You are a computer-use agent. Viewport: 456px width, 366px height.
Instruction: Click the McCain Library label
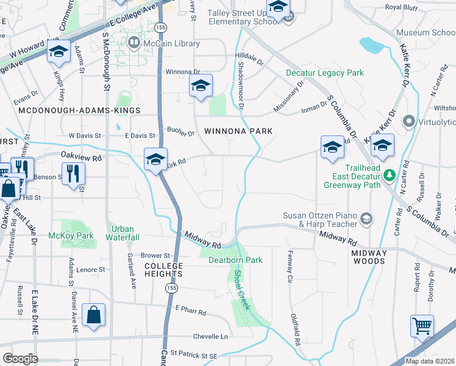coord(171,43)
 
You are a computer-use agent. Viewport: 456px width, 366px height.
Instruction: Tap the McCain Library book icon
coord(134,43)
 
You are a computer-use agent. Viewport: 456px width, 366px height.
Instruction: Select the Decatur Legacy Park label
coord(325,73)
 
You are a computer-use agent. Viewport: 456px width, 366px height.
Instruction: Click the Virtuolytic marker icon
coord(408,121)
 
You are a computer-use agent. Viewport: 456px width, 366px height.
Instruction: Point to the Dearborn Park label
coord(235,260)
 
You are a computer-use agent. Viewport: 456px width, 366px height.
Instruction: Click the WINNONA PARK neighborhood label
coord(238,131)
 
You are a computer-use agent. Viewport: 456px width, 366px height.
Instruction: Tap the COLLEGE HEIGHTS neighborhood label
coord(163,270)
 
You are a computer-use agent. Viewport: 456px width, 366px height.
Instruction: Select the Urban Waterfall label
coord(123,233)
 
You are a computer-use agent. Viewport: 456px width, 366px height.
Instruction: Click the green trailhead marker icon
coord(390,176)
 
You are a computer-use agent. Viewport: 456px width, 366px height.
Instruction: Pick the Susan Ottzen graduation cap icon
coord(366,218)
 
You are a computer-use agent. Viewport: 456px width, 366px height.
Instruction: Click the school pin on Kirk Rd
coord(155,160)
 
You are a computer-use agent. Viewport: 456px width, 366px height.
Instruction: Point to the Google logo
coord(20,358)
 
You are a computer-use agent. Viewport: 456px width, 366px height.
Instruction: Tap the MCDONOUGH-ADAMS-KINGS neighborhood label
coord(79,110)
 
